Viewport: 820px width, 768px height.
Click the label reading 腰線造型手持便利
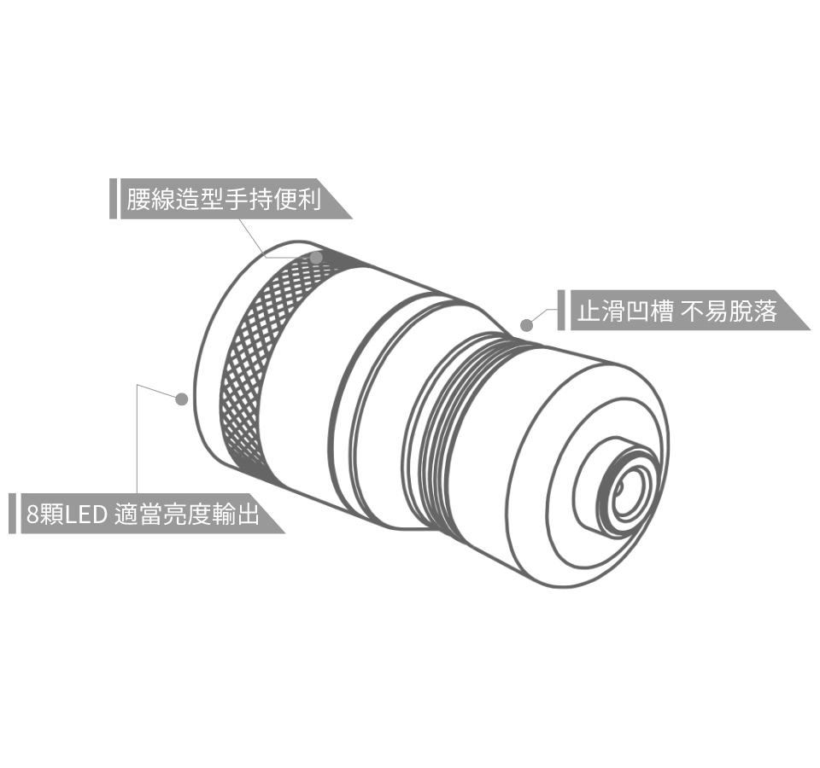click(x=224, y=199)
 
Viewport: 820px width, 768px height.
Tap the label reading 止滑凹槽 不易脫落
click(x=677, y=311)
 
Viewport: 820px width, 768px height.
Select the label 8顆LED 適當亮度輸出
click(x=143, y=514)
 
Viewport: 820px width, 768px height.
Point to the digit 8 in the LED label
click(x=32, y=515)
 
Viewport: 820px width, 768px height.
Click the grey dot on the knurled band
click(x=316, y=258)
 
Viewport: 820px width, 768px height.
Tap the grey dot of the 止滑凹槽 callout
click(x=527, y=325)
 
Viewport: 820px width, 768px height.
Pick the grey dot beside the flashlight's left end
click(x=181, y=399)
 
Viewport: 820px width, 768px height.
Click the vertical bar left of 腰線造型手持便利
click(x=113, y=199)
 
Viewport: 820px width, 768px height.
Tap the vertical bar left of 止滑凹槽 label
click(x=561, y=311)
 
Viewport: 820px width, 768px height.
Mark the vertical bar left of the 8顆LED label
click(x=13, y=514)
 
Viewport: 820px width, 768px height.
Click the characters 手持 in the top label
click(x=249, y=199)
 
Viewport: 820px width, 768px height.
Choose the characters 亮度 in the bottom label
click(x=187, y=514)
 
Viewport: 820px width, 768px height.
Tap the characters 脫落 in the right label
click(x=753, y=311)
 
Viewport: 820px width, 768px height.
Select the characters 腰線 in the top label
click(x=150, y=199)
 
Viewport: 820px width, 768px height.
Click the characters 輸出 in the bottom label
click(x=236, y=514)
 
